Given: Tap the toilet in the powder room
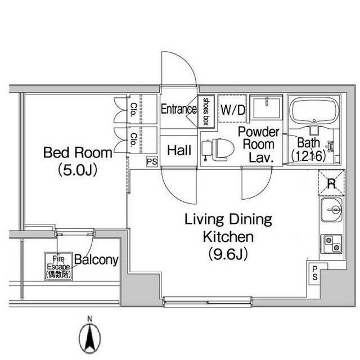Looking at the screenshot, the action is point(218,150).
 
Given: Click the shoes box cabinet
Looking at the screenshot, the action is point(206,111).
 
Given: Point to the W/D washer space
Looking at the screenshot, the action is point(232,109).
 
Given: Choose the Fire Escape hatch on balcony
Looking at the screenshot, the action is point(58,266).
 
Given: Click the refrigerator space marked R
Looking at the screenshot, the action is point(331,183).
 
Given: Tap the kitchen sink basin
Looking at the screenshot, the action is point(331,210).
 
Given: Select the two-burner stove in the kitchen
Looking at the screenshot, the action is point(331,244).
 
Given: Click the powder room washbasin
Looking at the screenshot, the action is point(266,107).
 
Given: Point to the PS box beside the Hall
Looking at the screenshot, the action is point(152,161).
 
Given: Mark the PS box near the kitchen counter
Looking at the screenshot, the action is point(315,273).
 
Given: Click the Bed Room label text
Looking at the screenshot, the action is point(78,152).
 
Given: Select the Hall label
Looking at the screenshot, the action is point(179,150).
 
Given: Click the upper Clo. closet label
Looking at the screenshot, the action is point(134,110).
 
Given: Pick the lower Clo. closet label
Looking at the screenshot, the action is point(134,139).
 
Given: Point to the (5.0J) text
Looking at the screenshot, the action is point(78,170).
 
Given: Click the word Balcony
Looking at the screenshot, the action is point(96,260).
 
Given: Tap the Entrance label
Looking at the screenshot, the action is point(179,109).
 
